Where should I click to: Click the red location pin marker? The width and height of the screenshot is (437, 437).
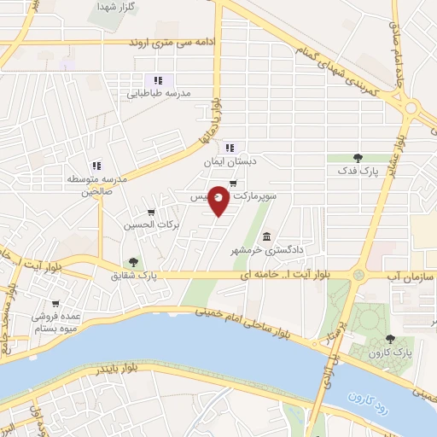click(218, 200)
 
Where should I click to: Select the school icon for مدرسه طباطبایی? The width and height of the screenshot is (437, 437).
click(157, 80)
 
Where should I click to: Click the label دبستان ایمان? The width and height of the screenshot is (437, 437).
click(230, 160)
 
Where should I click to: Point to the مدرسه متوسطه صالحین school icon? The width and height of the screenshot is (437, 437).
click(96, 166)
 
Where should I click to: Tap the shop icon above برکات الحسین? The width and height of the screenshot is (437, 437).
click(151, 213)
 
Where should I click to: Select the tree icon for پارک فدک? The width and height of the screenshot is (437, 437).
click(358, 158)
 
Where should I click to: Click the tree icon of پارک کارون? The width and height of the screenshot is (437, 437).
click(390, 339)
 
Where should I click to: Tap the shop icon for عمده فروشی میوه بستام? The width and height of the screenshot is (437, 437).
click(56, 303)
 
